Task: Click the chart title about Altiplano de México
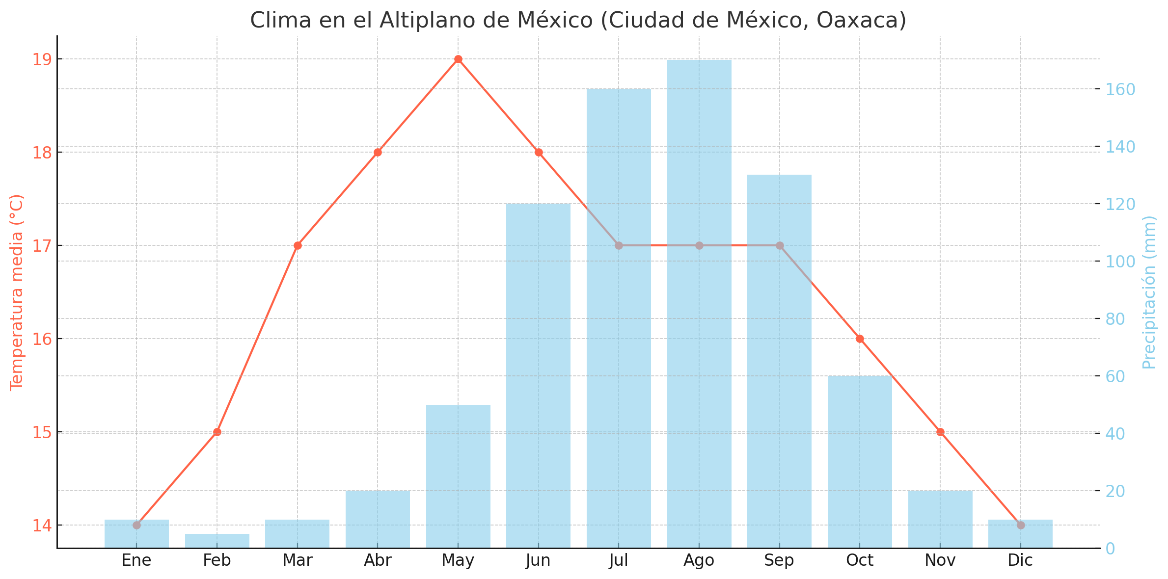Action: point(578,21)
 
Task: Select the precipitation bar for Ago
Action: point(699,304)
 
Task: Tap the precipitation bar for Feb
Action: point(217,541)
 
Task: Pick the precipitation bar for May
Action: point(458,476)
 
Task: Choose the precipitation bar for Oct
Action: point(860,461)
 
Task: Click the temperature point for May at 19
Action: point(458,59)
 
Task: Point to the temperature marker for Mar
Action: point(298,245)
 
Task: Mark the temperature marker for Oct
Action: point(860,339)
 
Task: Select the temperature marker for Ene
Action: point(136,525)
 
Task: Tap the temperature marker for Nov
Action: point(940,432)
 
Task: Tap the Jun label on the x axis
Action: point(539,560)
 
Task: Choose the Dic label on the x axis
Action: point(1021,560)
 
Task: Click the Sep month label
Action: point(780,560)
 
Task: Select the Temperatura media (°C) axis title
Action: point(17,292)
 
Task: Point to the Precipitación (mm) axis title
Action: point(1150,292)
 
